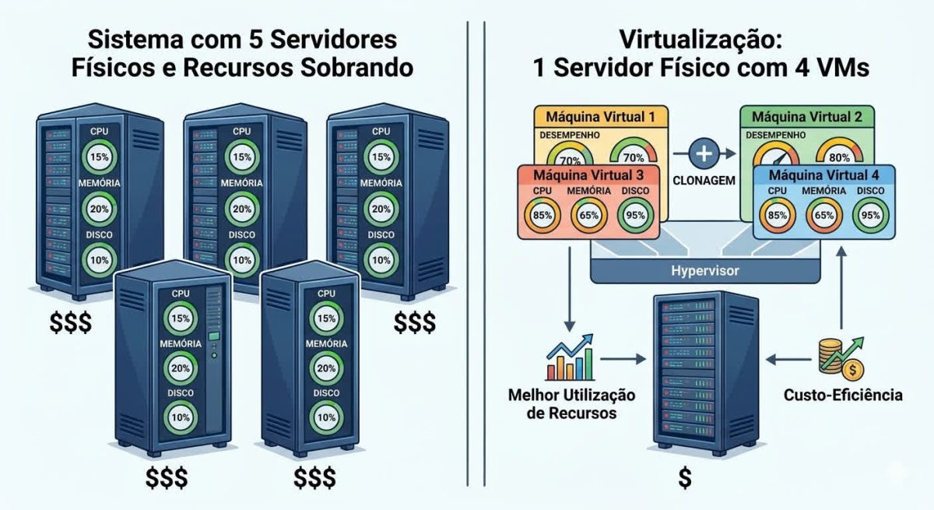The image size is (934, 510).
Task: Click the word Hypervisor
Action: point(706,272)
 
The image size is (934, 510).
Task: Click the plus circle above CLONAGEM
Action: point(703,154)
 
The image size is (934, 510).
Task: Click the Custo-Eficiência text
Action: point(842,396)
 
